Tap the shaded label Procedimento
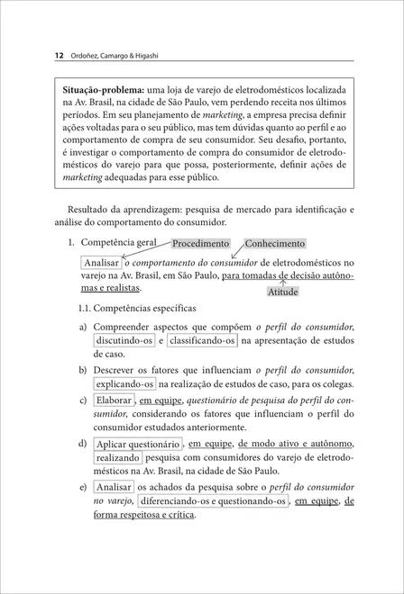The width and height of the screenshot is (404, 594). [x=200, y=244]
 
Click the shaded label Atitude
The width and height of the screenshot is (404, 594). [x=282, y=292]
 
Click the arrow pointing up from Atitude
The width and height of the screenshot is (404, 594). [x=282, y=282]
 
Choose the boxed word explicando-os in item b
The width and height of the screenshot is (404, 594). [x=124, y=384]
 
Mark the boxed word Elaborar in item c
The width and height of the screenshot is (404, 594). [x=114, y=401]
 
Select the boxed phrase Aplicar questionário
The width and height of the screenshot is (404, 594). [x=137, y=444]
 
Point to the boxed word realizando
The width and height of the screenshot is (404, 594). [x=117, y=458]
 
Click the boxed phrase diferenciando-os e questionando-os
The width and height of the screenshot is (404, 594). [x=214, y=500]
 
